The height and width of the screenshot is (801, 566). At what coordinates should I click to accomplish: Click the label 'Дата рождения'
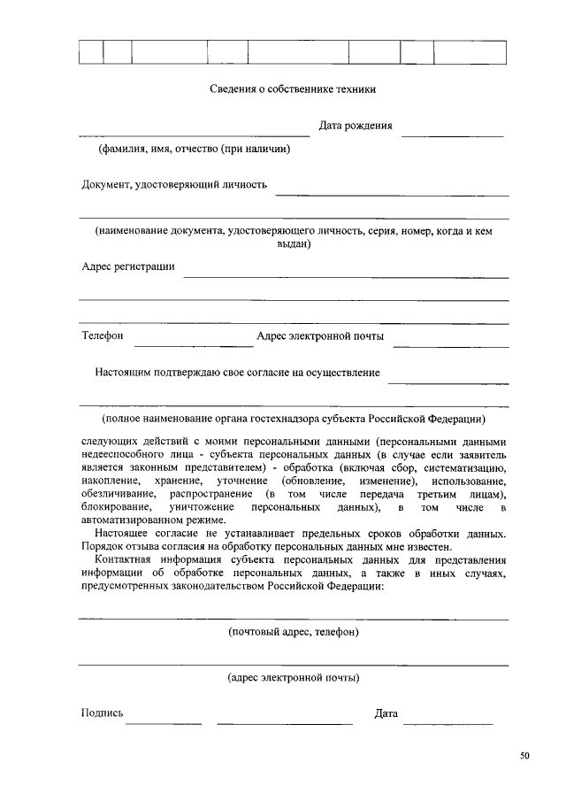pyautogui.click(x=356, y=126)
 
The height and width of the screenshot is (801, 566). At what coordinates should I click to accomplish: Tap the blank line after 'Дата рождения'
pyautogui.click(x=452, y=135)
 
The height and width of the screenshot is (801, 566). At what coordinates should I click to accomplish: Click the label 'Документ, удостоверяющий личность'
pyautogui.click(x=174, y=185)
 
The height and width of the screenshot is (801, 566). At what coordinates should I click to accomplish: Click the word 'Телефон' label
pyautogui.click(x=103, y=336)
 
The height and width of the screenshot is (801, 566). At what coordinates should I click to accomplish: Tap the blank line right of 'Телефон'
pyautogui.click(x=193, y=344)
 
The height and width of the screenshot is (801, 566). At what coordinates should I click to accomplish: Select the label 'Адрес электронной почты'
pyautogui.click(x=320, y=336)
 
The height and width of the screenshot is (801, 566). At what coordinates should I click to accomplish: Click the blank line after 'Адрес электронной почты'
pyautogui.click(x=450, y=344)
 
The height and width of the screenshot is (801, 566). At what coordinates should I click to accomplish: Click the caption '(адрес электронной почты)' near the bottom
pyautogui.click(x=293, y=679)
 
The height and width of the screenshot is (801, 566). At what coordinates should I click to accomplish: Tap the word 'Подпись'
pyautogui.click(x=102, y=713)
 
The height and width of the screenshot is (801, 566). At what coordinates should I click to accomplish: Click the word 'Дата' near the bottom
pyautogui.click(x=386, y=713)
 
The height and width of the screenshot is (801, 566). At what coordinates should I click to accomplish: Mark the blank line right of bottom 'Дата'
pyautogui.click(x=447, y=722)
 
